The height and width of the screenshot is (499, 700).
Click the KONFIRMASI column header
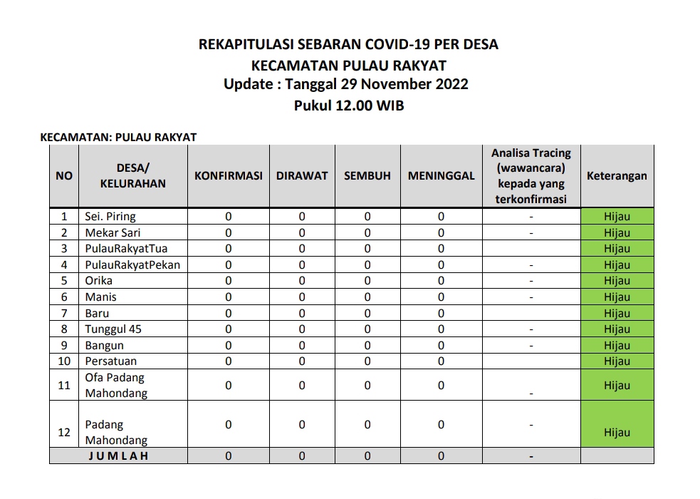[x=229, y=176]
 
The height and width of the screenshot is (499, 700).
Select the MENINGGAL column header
[x=441, y=176]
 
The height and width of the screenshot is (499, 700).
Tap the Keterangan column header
[x=617, y=176]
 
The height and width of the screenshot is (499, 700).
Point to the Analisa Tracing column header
[x=531, y=176]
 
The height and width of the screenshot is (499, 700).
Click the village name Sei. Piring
[x=110, y=216]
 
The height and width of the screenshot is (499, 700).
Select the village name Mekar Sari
[x=113, y=232]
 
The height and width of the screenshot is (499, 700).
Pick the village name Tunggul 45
[x=113, y=329]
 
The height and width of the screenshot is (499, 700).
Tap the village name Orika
[x=99, y=281]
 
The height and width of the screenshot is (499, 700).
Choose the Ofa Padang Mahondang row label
[x=116, y=386]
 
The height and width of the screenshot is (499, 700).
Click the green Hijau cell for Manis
[x=617, y=297]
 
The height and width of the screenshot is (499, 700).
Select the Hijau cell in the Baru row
[x=617, y=314]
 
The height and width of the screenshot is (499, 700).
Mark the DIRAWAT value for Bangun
[x=302, y=346]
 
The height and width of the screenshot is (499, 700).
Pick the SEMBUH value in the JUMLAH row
[x=367, y=456]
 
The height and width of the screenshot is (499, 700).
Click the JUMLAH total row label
[x=118, y=456]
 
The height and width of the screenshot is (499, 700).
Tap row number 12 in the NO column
[x=64, y=432]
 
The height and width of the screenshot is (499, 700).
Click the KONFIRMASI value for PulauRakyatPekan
[x=229, y=265]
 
